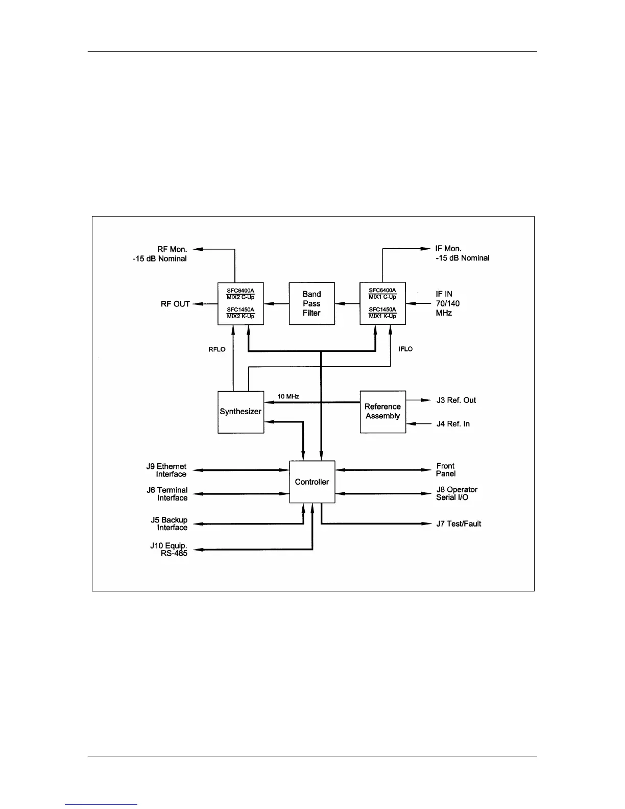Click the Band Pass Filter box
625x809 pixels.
tap(311, 303)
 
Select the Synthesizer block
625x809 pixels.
tap(241, 412)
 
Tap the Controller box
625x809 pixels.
tap(312, 482)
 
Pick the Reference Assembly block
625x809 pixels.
tap(382, 412)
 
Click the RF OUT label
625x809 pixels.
tap(175, 304)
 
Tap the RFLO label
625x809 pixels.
tap(217, 349)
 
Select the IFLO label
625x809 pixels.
tap(405, 349)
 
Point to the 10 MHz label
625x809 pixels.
tap(288, 396)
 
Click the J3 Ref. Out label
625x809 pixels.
tap(456, 400)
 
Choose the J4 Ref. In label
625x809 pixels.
tap(453, 424)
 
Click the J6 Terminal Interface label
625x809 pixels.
tap(167, 494)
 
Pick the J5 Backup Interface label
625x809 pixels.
tap(169, 524)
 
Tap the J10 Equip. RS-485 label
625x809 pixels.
tap(169, 550)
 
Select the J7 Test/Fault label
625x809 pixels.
tap(459, 524)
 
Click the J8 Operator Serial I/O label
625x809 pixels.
tap(456, 493)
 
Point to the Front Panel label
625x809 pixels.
tap(445, 470)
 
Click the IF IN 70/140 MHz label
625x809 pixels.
tap(447, 303)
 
